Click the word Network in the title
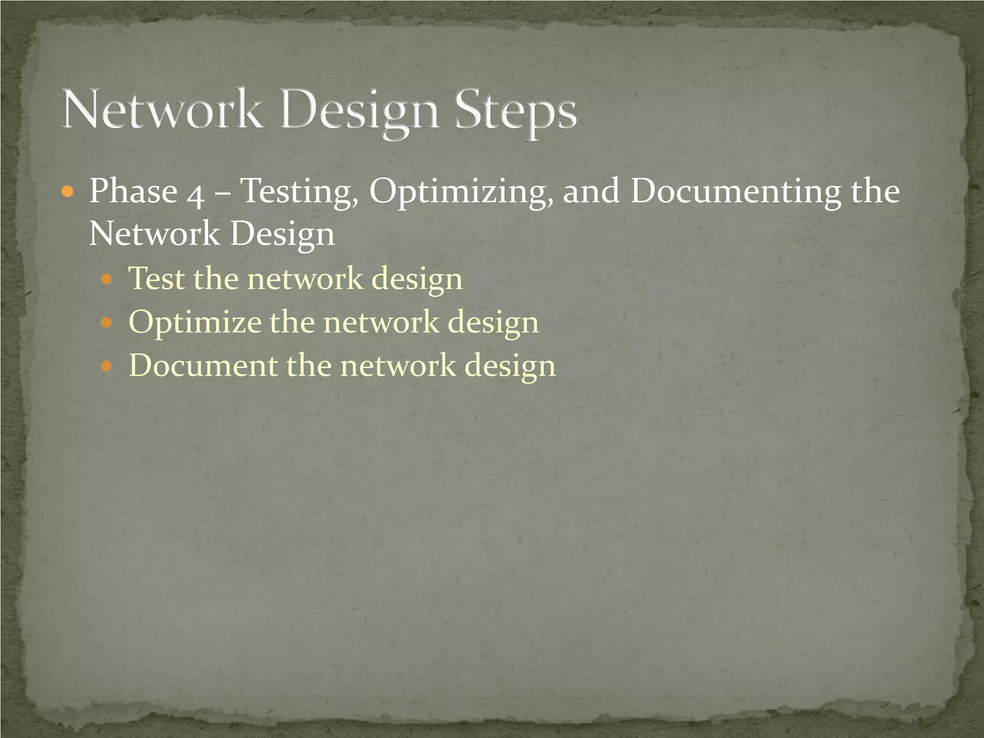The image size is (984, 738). pos(162,110)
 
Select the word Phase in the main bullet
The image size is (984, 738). pos(134,191)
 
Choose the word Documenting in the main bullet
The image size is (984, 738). pos(736,191)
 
